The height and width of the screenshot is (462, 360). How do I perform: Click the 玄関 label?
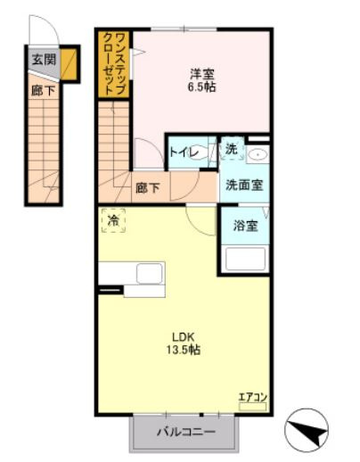[x=39, y=61]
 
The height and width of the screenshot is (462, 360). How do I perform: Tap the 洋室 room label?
[x=201, y=74]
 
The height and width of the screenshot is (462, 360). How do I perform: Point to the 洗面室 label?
[x=241, y=186]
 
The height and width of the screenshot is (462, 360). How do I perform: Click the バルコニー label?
[x=186, y=433]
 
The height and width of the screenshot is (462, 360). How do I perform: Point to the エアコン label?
[x=253, y=396]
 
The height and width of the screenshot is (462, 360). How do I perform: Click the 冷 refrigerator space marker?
[x=113, y=219]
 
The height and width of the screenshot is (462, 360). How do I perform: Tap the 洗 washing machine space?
[x=231, y=150]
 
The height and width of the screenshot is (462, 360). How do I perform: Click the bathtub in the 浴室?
[x=245, y=259]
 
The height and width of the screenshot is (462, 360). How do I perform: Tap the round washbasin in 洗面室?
[x=258, y=155]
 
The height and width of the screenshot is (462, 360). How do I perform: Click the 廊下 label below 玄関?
[x=39, y=89]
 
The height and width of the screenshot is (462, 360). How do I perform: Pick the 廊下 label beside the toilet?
[x=149, y=188]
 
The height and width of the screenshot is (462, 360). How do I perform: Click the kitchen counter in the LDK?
[x=131, y=277]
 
